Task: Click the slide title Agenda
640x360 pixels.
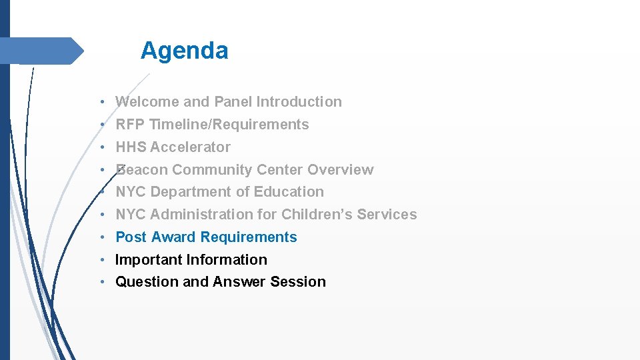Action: click(184, 51)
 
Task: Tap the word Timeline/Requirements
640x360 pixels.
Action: click(229, 125)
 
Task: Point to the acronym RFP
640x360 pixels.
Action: click(131, 125)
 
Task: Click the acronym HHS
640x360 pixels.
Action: click(131, 147)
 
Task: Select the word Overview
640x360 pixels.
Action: click(341, 170)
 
